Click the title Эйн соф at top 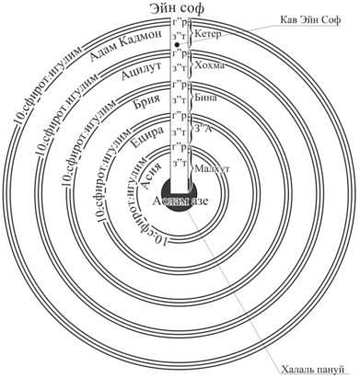coord(180,9)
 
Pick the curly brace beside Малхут coord(193,168)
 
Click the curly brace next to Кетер coord(193,34)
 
